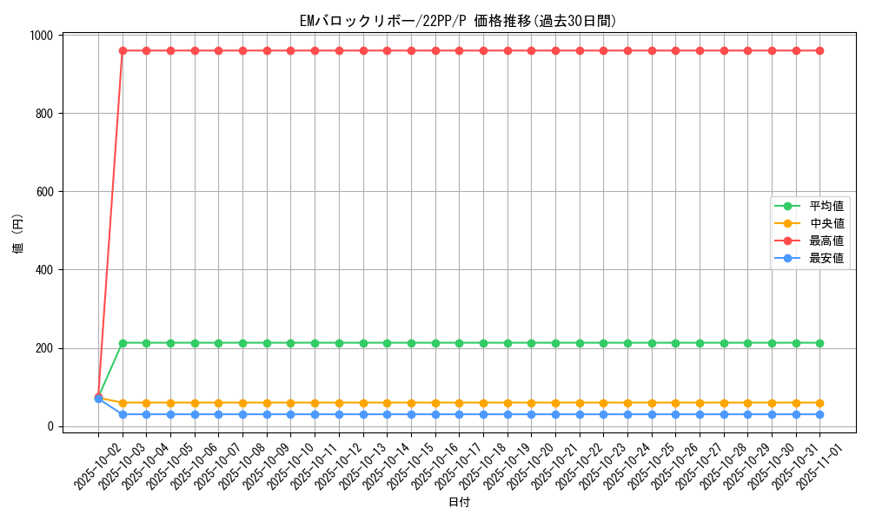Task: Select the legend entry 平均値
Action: [x=826, y=207]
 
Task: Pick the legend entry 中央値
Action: [x=826, y=224]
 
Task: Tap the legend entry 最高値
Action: [x=826, y=241]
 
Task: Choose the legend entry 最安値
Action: [x=826, y=259]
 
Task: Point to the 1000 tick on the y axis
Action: [x=43, y=36]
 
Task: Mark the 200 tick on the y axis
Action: [x=46, y=348]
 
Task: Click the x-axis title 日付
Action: [x=459, y=503]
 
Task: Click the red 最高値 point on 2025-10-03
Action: [x=123, y=50]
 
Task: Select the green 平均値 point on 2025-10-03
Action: [x=123, y=343]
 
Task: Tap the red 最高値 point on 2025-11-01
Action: [x=819, y=50]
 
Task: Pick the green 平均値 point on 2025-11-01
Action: [x=819, y=343]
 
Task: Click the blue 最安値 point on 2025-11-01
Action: [x=819, y=414]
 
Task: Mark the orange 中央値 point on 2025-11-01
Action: [x=819, y=403]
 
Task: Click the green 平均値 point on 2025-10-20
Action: [x=531, y=343]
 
